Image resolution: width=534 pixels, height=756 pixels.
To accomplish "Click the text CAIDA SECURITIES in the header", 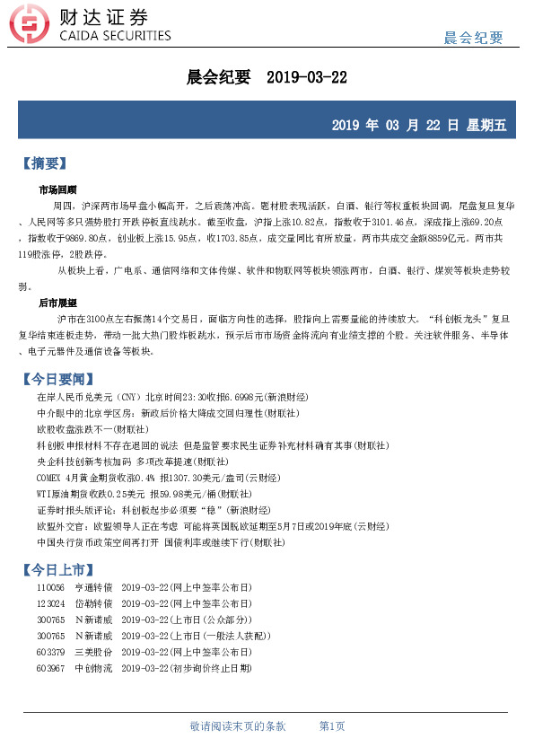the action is coord(114,36).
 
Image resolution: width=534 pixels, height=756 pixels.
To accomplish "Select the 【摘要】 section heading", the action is coord(43,163).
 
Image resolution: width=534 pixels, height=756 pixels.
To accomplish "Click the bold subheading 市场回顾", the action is coord(57,190).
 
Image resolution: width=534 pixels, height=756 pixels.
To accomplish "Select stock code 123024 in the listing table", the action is coord(51,603).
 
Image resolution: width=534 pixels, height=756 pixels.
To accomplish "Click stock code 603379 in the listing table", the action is coord(51,652).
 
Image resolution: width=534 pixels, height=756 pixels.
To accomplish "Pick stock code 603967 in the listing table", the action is coord(51,668).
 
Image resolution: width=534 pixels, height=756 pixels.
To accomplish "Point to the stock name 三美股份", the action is coord(93,652).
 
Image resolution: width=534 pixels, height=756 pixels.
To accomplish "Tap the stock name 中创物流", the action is coord(93,668).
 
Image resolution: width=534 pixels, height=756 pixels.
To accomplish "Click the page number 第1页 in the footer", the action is coord(332,725).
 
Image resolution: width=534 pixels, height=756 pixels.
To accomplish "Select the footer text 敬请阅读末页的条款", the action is coord(238,725).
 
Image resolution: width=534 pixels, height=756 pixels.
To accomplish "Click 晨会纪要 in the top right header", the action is coord(474,38).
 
